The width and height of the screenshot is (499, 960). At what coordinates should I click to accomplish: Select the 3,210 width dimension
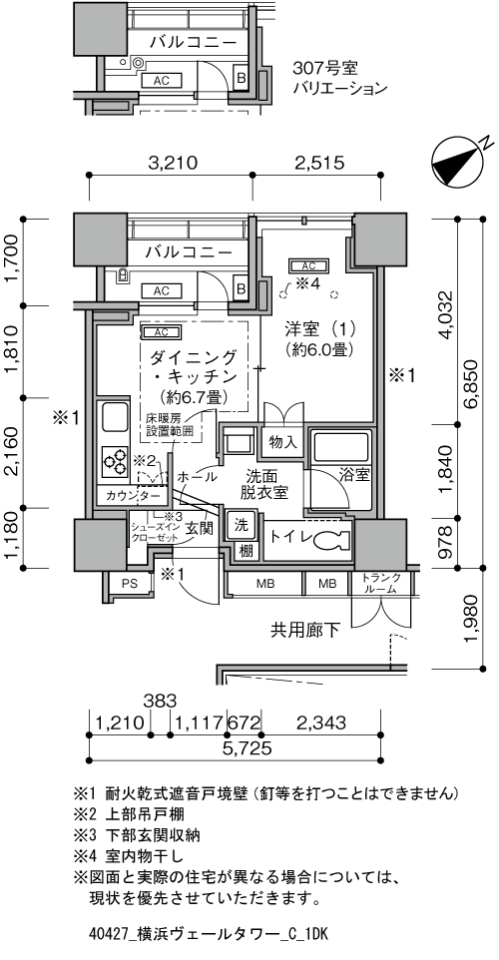[180, 163]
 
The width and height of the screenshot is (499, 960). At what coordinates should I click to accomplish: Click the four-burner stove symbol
[113, 462]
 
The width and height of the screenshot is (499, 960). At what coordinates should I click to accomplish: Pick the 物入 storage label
[284, 441]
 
